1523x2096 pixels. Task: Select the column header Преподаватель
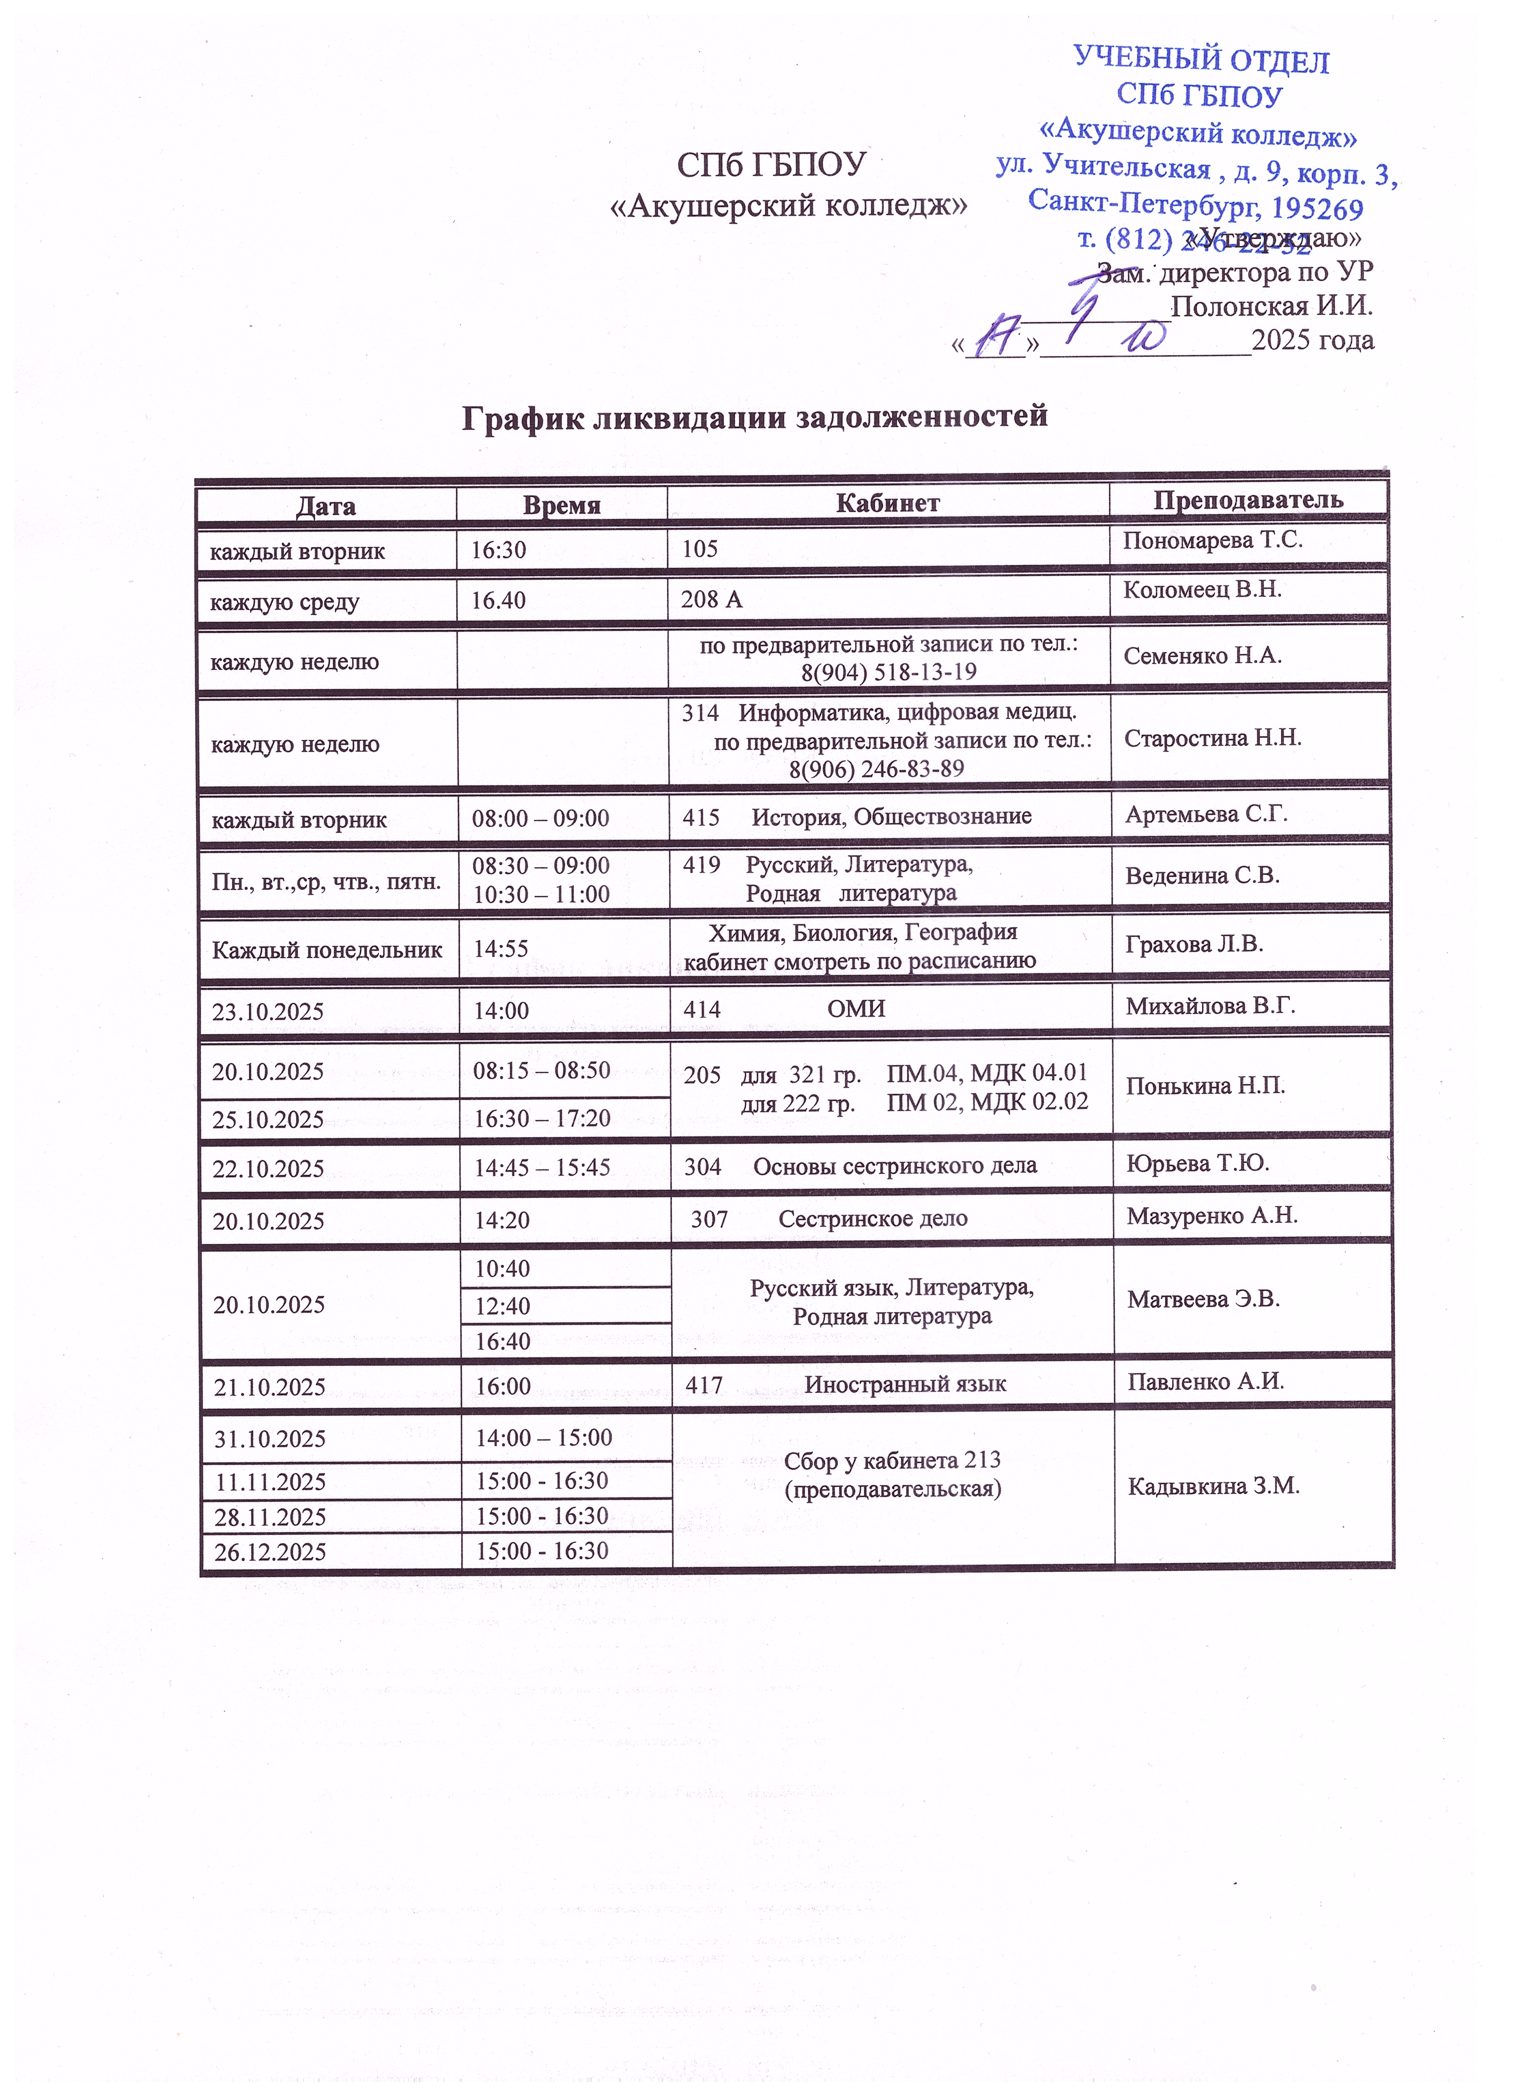[1248, 500]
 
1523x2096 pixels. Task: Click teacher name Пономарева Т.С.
[1212, 541]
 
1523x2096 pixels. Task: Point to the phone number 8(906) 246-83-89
[876, 769]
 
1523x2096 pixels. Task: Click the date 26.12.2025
[270, 1552]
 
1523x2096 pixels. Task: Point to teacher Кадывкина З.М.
[1213, 1486]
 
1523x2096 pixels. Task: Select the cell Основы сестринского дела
[895, 1166]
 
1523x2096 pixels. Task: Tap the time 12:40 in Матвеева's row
[503, 1306]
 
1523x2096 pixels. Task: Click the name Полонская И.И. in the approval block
[1272, 307]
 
